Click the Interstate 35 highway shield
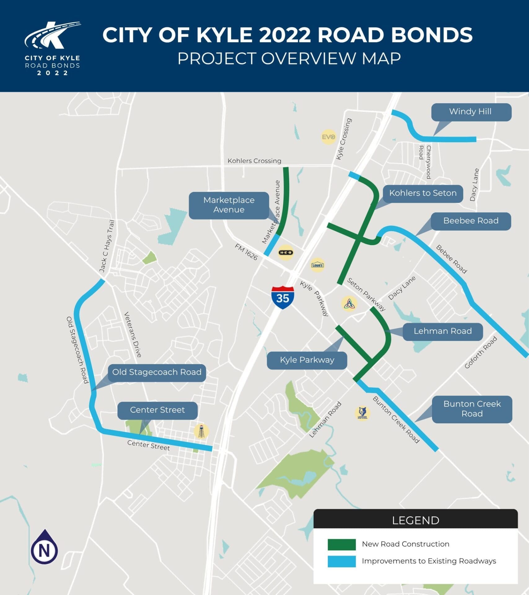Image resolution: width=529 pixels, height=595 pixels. pos(283,297)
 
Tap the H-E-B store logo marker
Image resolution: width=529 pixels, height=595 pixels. pos(286,253)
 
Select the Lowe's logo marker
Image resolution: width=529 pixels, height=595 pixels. pos(318,265)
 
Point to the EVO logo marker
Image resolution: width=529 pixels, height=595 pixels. pos(328,137)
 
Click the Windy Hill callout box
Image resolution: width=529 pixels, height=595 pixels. pos(471,112)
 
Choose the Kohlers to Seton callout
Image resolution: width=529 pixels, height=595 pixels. pos(423,193)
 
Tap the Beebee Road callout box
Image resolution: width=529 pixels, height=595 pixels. pos(471,221)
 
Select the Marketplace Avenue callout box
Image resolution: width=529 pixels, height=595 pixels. pos(229,205)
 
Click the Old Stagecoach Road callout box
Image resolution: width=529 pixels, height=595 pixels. pos(157,372)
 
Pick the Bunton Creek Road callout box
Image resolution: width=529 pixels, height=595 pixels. pos(472,409)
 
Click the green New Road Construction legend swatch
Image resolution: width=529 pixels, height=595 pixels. pos(342,544)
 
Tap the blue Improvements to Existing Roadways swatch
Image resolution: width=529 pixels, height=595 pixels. pos(342,562)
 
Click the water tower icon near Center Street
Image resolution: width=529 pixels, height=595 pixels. pos(201,431)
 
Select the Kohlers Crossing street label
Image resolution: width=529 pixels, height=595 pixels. pos(254,161)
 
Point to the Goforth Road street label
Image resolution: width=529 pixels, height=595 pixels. pos(481,352)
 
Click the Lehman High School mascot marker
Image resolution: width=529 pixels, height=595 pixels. pos(362,413)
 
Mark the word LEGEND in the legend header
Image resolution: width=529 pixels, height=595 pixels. pos(416,521)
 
